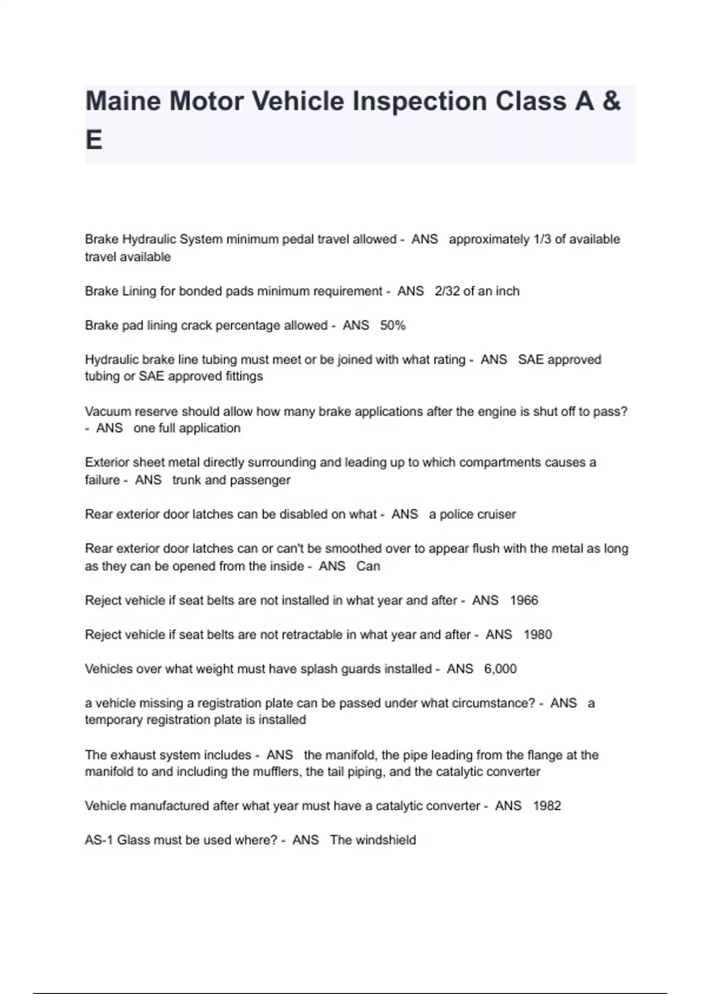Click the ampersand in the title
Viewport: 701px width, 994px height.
point(611,101)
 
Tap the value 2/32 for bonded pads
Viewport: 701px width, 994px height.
point(447,291)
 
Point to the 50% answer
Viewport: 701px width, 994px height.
point(393,325)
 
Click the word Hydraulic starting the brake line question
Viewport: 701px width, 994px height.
point(110,360)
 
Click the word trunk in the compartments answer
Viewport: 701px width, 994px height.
point(186,480)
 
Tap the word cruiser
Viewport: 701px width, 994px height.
point(497,515)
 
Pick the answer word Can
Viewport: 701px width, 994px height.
point(368,566)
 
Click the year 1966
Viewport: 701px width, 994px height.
point(523,600)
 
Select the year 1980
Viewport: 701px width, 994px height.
point(537,634)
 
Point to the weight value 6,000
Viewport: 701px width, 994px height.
point(500,669)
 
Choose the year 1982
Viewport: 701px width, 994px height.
point(547,806)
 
